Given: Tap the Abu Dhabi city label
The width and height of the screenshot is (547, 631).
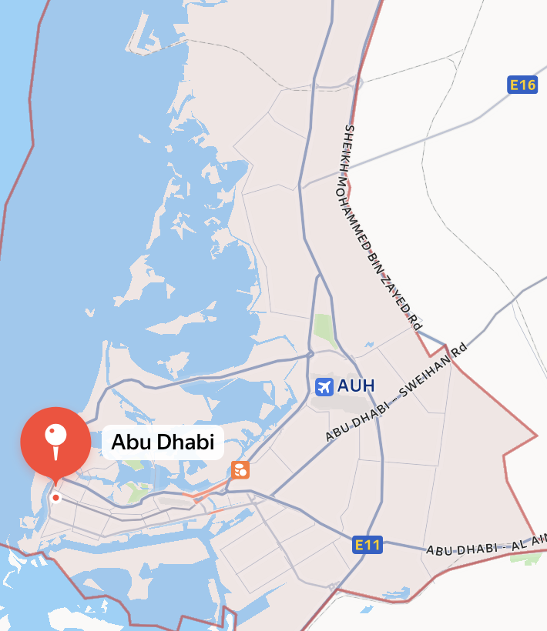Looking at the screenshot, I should click(163, 442).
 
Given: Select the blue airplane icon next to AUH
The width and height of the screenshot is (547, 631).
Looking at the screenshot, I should click(324, 386).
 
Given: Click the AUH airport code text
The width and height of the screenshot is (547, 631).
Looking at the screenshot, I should click(355, 386).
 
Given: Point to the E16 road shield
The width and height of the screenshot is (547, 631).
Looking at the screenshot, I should click(522, 85).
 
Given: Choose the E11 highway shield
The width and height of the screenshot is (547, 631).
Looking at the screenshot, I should click(367, 546).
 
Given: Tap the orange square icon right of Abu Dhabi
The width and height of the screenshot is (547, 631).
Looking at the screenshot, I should click(240, 469).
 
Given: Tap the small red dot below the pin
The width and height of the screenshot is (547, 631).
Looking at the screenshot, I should click(55, 498).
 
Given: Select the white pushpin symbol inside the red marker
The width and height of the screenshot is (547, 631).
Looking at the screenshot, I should click(55, 439).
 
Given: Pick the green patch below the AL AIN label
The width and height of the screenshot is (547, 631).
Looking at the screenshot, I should click(525, 558).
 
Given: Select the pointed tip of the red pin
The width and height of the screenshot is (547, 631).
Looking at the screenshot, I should click(55, 483).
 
